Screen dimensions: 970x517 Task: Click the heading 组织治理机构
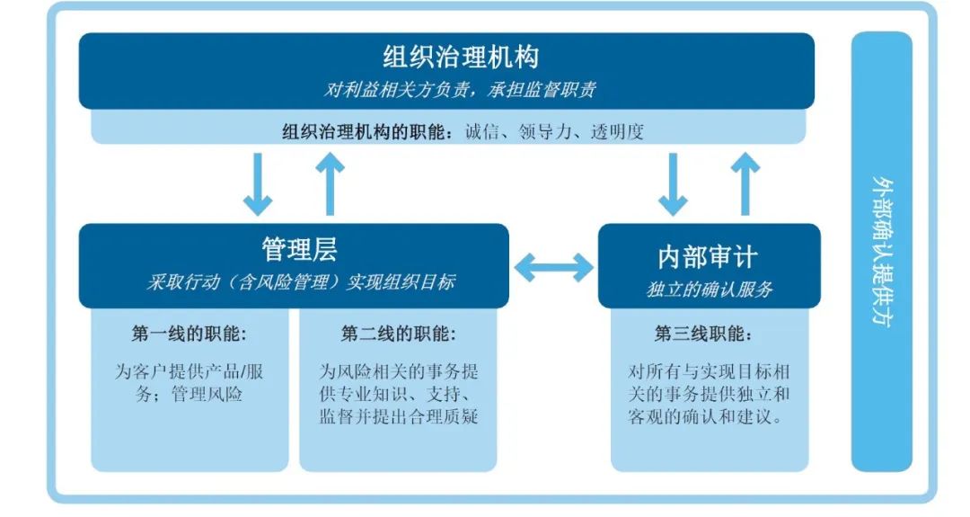(x=461, y=57)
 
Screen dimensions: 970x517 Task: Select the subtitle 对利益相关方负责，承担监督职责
(x=460, y=90)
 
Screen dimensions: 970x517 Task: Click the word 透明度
(x=617, y=131)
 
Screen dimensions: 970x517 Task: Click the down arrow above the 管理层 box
(x=258, y=184)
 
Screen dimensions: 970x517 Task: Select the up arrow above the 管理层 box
(x=330, y=184)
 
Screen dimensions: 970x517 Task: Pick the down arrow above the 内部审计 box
(x=673, y=184)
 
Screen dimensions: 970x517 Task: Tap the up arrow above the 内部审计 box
(x=745, y=184)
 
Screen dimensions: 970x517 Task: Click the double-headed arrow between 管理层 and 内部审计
(x=553, y=267)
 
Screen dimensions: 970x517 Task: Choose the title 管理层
(x=299, y=250)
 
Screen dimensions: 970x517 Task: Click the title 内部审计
(x=708, y=257)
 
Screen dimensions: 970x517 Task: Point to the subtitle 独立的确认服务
(x=709, y=290)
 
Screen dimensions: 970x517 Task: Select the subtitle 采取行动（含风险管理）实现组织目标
(x=301, y=282)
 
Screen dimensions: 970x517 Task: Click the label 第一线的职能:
(x=189, y=334)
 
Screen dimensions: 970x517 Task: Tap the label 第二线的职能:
(x=399, y=334)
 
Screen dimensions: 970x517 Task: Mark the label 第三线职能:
(x=703, y=334)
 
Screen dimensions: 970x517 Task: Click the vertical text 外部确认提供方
(x=882, y=251)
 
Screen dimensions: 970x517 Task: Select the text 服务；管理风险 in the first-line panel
(x=189, y=394)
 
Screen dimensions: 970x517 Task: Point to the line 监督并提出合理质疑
(x=399, y=415)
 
